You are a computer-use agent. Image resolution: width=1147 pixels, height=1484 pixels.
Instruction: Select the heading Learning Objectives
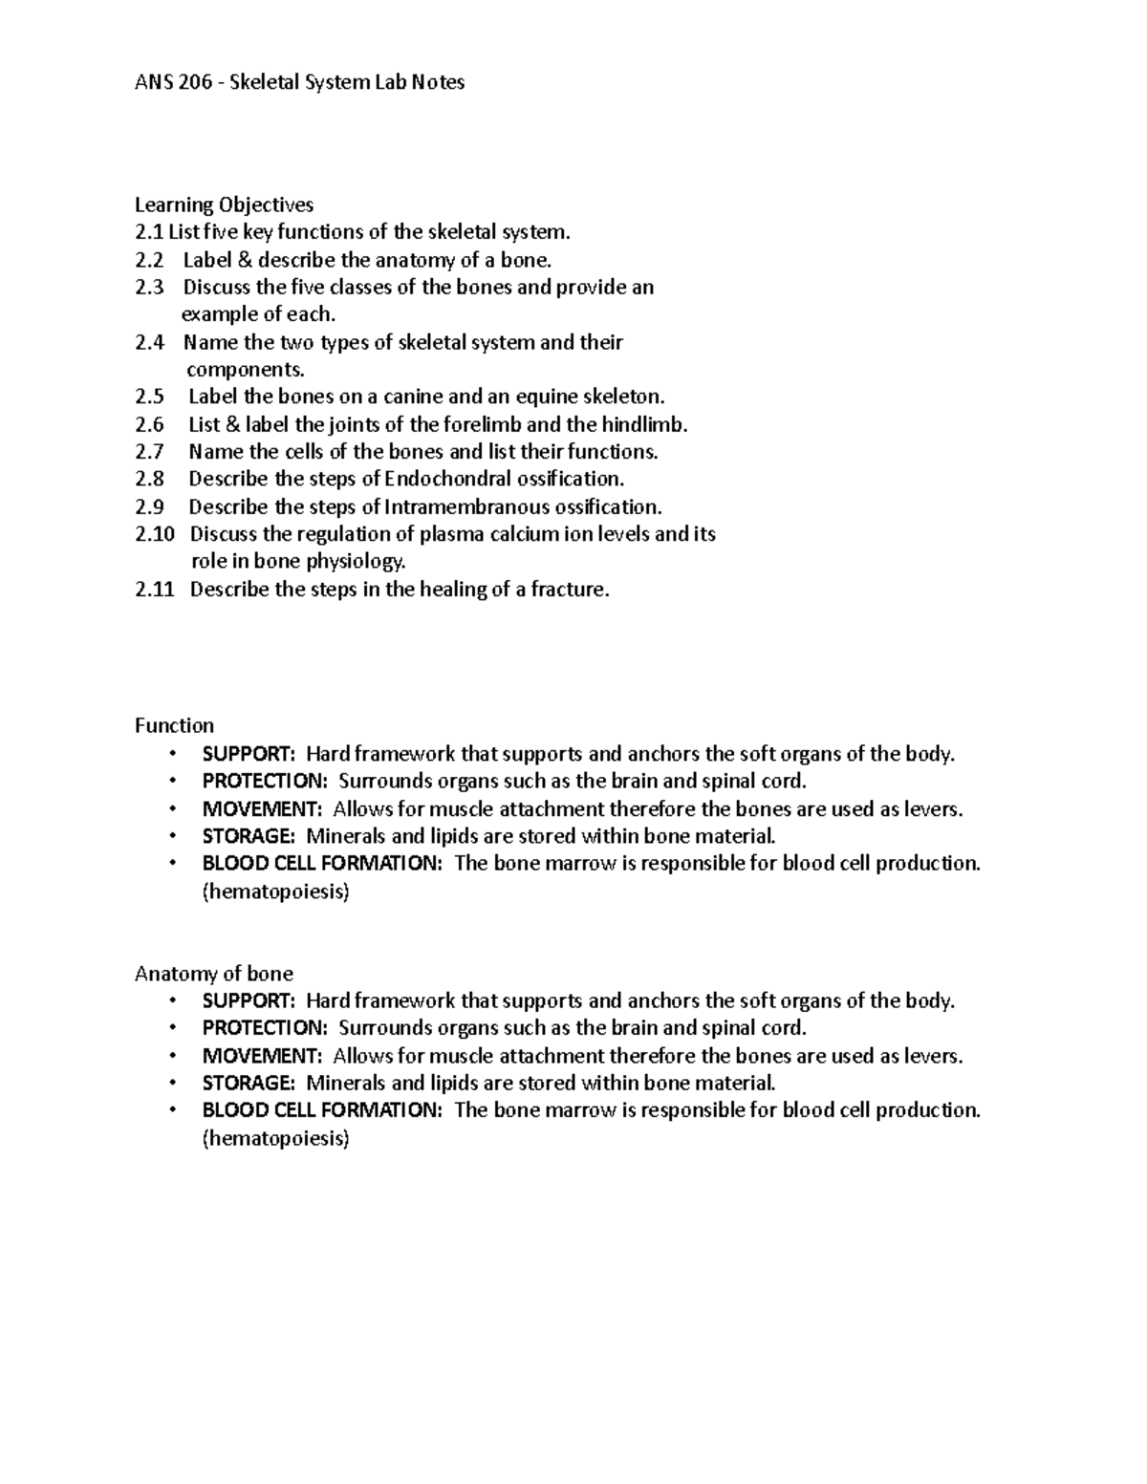click(224, 204)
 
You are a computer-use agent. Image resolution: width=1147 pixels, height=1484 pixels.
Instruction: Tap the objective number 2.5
click(149, 397)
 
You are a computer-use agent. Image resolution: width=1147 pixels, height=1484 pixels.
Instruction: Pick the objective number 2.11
click(155, 590)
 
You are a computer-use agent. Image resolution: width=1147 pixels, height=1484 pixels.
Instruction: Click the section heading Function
click(174, 726)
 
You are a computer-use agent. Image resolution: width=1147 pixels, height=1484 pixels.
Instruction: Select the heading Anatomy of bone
click(213, 974)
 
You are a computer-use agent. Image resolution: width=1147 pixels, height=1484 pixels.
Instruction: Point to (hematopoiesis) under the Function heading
click(275, 893)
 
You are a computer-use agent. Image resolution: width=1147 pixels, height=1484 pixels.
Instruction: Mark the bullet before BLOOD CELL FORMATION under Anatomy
click(172, 1110)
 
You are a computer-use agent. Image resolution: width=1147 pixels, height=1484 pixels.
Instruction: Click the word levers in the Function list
click(933, 809)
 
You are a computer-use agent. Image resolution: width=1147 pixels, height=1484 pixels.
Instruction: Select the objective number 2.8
click(149, 479)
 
